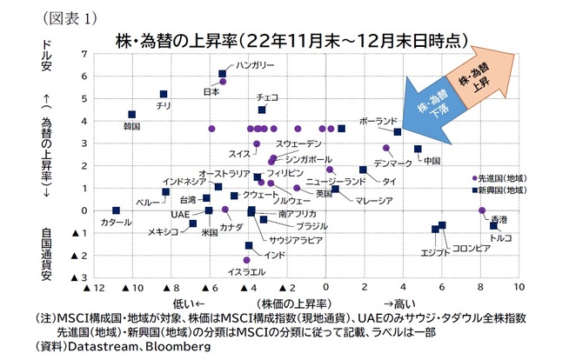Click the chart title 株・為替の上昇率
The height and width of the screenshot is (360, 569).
[286, 39]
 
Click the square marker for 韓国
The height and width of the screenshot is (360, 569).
[132, 115]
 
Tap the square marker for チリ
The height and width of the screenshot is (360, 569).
[164, 94]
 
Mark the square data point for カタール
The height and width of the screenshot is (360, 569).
[117, 210]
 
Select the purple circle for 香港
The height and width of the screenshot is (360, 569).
[482, 210]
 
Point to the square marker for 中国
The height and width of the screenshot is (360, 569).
[418, 150]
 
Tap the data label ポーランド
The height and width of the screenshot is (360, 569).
[378, 121]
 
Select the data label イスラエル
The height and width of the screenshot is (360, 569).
[246, 272]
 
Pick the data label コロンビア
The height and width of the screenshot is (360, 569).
[472, 248]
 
